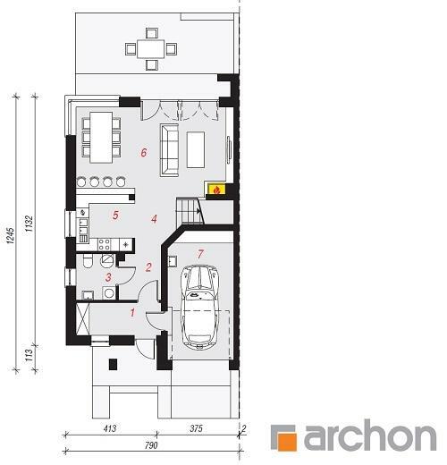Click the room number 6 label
point(144,153)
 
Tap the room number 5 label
point(115,215)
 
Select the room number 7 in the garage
point(200,254)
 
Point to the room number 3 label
point(108,277)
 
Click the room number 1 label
point(132,313)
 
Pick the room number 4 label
point(154,219)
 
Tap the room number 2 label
point(148,267)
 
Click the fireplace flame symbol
point(217,190)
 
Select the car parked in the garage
point(200,306)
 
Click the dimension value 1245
point(11,236)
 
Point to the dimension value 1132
point(29,224)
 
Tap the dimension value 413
point(110,428)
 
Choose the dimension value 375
point(196,428)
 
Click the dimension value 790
point(151,445)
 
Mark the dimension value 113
point(29,355)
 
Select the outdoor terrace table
point(151,49)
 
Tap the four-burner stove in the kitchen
point(105,244)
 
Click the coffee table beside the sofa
point(196,149)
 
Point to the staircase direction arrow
point(198,211)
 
